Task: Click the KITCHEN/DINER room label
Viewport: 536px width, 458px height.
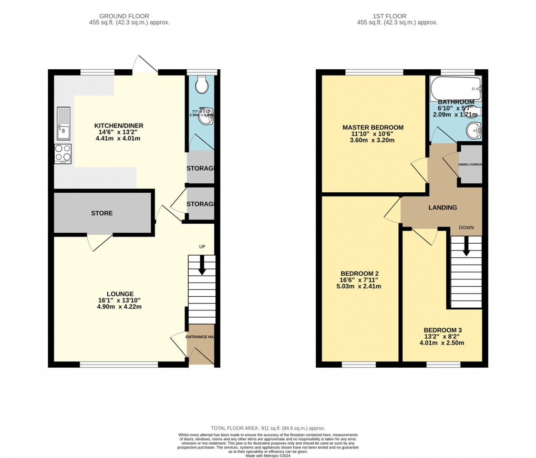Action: pyautogui.click(x=119, y=126)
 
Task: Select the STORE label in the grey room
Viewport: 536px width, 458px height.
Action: pyautogui.click(x=102, y=213)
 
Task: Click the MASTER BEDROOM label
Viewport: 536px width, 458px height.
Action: pyautogui.click(x=373, y=128)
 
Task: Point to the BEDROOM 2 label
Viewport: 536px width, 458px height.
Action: pyautogui.click(x=359, y=274)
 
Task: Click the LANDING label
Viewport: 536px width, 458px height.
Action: pyautogui.click(x=442, y=207)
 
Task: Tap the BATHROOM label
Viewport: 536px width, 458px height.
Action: pyautogui.click(x=456, y=102)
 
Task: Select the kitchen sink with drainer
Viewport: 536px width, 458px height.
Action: pyautogui.click(x=64, y=124)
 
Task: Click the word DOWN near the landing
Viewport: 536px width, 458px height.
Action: pyautogui.click(x=467, y=228)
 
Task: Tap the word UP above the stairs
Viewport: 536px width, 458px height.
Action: pyautogui.click(x=201, y=246)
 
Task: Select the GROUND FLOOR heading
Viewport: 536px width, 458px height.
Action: pyautogui.click(x=129, y=16)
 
